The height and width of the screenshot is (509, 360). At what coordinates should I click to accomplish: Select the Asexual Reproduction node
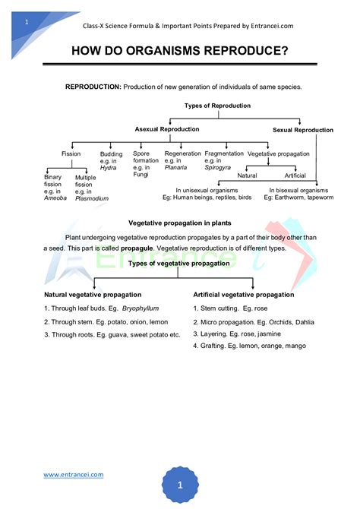(x=167, y=129)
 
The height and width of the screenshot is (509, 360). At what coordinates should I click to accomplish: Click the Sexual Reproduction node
(x=302, y=130)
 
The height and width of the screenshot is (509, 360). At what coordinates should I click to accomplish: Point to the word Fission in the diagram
(x=71, y=153)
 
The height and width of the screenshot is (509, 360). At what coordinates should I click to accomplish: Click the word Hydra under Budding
(x=109, y=169)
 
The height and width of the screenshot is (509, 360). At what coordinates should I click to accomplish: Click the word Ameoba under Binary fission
(x=55, y=198)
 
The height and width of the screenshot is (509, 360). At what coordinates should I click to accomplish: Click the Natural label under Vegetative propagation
(x=247, y=175)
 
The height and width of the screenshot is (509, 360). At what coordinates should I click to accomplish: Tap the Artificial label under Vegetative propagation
(x=295, y=175)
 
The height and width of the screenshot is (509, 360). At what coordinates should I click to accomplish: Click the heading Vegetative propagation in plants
(x=179, y=223)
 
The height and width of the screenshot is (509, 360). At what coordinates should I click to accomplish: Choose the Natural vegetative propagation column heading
(x=93, y=294)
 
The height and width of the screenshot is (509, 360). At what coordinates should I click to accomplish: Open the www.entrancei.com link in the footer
(x=73, y=475)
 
